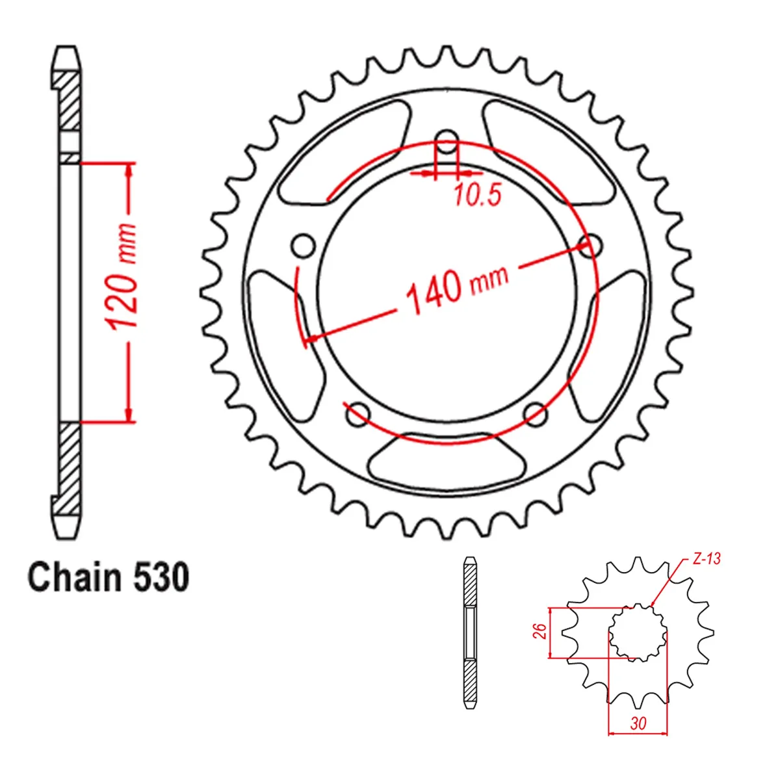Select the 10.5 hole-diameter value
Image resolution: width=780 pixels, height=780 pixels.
[x=478, y=194]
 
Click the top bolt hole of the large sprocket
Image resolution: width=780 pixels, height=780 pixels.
[x=447, y=142]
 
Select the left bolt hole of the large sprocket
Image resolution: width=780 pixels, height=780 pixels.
[x=303, y=246]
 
